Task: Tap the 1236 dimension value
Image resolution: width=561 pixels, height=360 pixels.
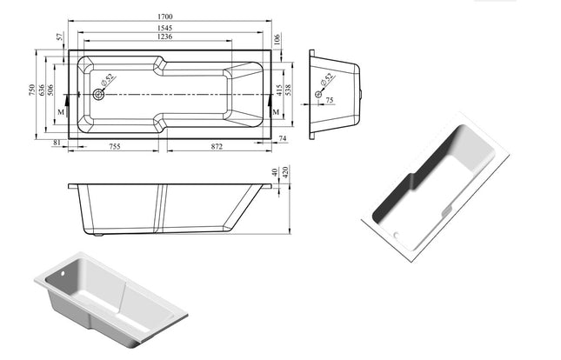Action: [157, 37]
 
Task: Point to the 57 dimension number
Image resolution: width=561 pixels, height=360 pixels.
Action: [59, 37]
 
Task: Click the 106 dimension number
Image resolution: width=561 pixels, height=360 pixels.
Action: [277, 38]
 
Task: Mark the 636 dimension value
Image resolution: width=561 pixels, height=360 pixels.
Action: [41, 90]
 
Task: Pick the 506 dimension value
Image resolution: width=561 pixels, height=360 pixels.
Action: [50, 90]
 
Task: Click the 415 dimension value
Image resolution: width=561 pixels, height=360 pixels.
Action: [278, 90]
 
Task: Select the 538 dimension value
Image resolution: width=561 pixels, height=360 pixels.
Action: [287, 90]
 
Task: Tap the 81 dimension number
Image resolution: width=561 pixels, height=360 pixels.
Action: [57, 142]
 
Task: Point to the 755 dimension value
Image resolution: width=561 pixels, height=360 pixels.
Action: [114, 148]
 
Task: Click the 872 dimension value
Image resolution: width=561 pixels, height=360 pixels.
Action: [217, 148]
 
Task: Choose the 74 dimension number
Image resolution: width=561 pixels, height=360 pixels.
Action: [284, 139]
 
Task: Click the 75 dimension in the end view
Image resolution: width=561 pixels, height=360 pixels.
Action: [330, 101]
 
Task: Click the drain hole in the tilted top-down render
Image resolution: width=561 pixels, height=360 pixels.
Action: [397, 234]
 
